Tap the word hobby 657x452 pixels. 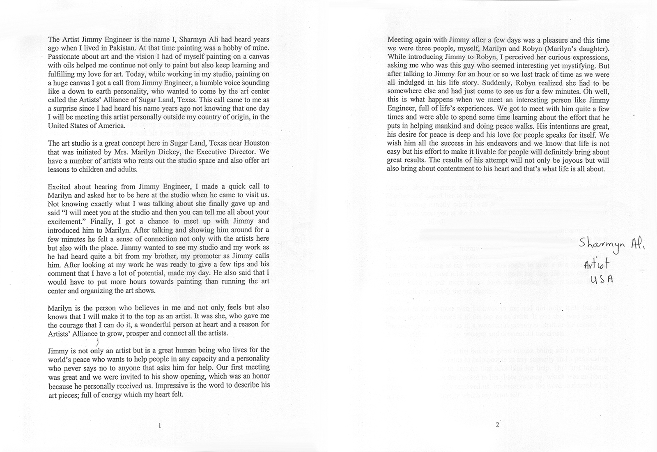pos(233,48)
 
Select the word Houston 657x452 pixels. pos(255,143)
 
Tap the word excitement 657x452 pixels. pos(65,221)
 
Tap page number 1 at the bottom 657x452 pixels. pos(159,426)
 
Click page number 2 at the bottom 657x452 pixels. pos(497,425)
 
